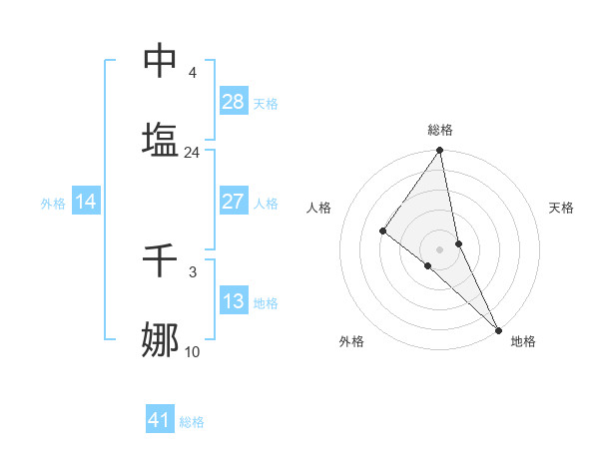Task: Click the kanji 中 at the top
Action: [x=161, y=61]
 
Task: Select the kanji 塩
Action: [x=161, y=139]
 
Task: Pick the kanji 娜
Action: [x=161, y=339]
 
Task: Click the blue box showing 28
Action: [x=233, y=101]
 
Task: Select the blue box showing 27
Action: [x=233, y=202]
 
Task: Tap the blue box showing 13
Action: [x=233, y=301]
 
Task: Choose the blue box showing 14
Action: [x=86, y=202]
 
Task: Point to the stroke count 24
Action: [x=192, y=153]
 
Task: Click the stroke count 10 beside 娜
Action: [x=192, y=351]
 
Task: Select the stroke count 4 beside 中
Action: [x=192, y=73]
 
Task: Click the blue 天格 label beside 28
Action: [x=266, y=103]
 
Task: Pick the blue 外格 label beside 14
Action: [x=53, y=204]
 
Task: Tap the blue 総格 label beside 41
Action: [x=192, y=422]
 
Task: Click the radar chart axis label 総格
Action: [x=440, y=130]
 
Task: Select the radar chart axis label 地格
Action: [x=523, y=341]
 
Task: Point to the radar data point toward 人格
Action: [x=382, y=232]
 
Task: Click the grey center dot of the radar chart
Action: [x=439, y=248]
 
